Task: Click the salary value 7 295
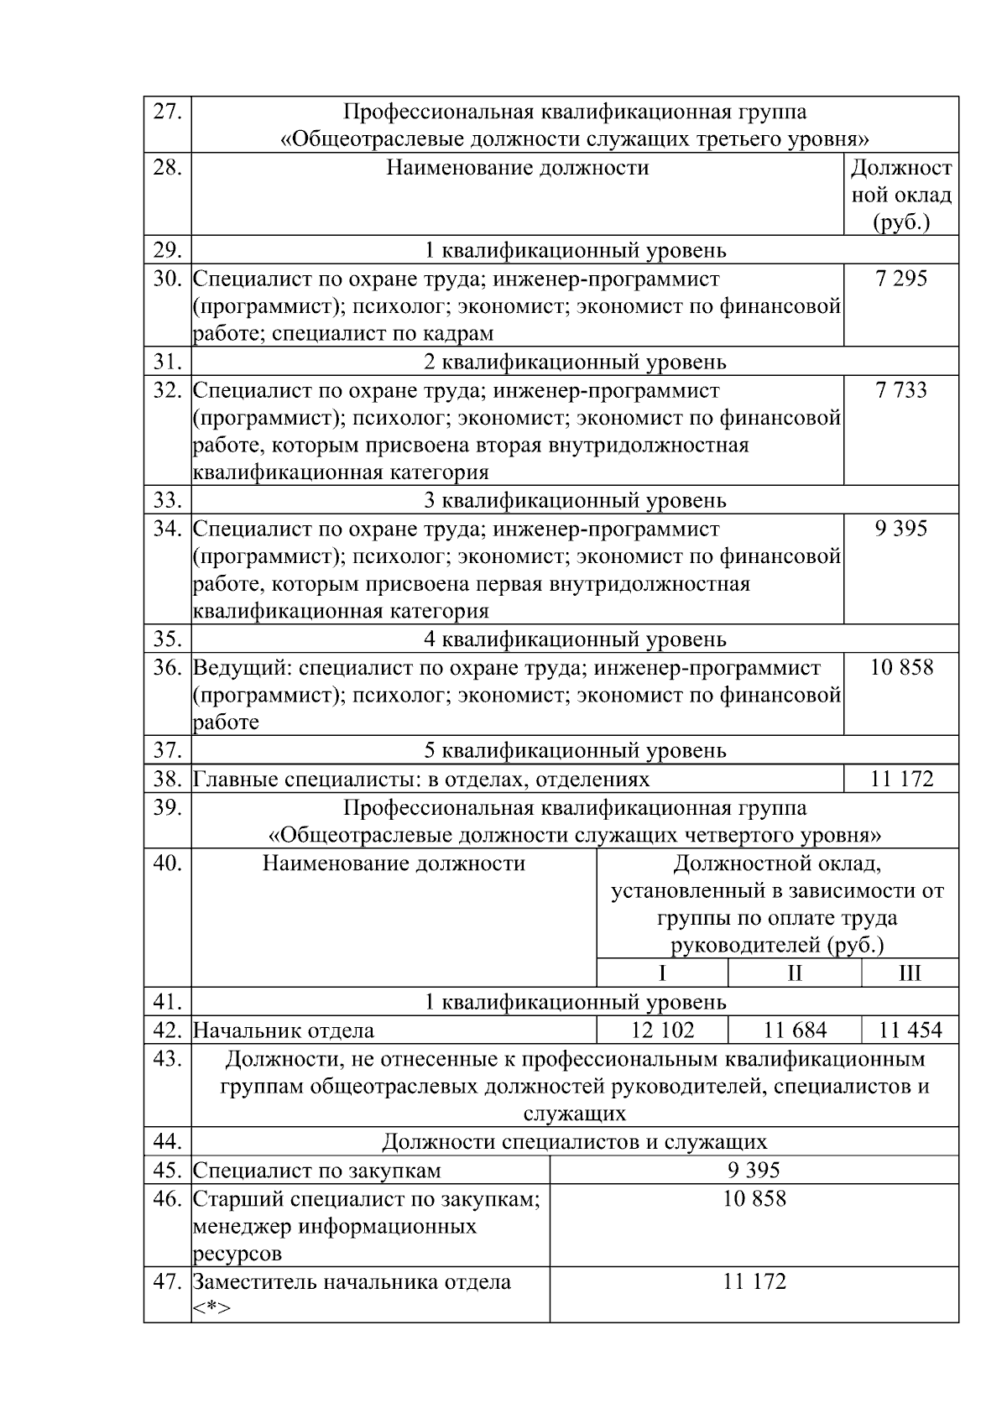click(900, 279)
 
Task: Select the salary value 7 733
click(900, 390)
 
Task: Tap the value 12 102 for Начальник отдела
click(662, 1030)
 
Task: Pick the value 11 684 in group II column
click(795, 1030)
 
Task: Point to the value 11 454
click(910, 1030)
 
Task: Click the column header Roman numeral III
click(910, 973)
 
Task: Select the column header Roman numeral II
click(795, 973)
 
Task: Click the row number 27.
click(167, 112)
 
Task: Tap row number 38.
click(167, 779)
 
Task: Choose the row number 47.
click(167, 1282)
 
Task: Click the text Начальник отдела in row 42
click(284, 1030)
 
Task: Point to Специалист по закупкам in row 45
click(317, 1171)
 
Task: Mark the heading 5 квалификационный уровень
click(575, 750)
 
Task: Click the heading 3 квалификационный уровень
click(575, 501)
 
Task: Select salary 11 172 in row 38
click(901, 779)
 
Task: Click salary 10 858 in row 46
click(754, 1198)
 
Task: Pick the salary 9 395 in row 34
click(900, 529)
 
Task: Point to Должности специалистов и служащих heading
click(575, 1142)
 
